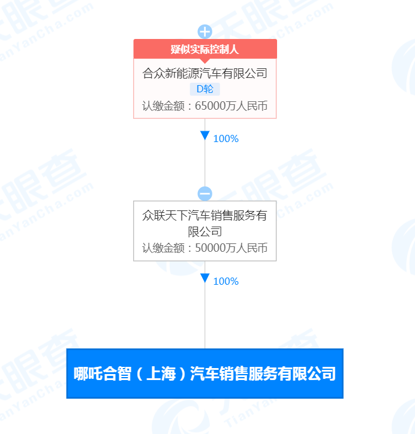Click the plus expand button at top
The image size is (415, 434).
205,32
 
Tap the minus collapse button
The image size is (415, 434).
205,194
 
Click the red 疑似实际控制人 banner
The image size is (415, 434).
205,49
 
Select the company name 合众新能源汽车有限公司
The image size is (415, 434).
205,74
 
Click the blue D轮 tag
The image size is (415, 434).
205,89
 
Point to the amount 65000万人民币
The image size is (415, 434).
231,106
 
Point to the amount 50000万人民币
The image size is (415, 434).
231,248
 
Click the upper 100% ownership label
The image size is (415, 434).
226,138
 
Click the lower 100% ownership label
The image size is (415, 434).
226,282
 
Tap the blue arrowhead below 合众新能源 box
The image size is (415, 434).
205,135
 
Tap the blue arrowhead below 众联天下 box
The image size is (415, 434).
205,278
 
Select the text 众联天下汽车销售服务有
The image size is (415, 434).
205,216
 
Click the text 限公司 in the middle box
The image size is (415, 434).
205,231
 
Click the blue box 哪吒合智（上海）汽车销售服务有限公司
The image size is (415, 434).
205,373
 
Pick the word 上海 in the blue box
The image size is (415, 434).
161,373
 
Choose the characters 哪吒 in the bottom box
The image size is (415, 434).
88,373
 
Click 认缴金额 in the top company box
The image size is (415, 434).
163,106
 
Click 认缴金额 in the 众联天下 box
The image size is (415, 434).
163,248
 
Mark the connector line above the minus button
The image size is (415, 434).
205,152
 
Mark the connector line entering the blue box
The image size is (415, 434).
205,305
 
